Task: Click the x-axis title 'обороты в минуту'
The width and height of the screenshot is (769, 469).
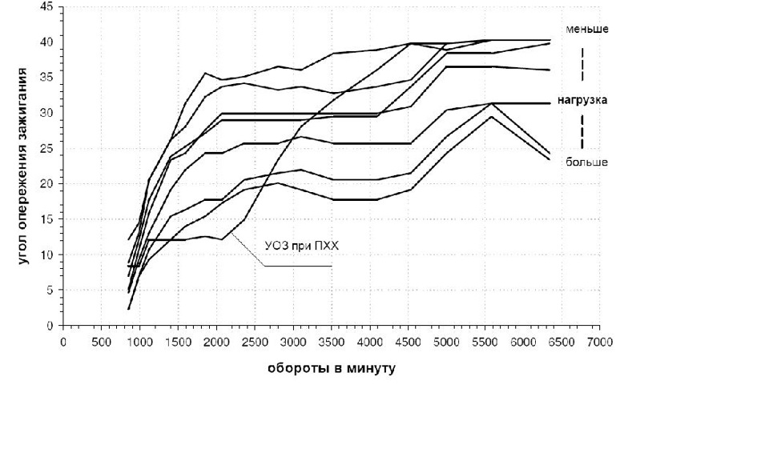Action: pos(332,370)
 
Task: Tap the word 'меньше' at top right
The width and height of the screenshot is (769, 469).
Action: pos(587,30)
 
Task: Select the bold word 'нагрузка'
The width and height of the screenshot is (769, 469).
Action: pos(582,101)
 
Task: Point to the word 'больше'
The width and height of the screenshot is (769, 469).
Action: pos(586,162)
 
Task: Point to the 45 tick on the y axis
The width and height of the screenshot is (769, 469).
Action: pos(48,6)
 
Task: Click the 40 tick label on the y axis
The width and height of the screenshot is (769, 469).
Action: pos(48,42)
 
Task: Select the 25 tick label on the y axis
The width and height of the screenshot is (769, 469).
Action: pos(48,148)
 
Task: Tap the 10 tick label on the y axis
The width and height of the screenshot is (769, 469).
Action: pos(48,255)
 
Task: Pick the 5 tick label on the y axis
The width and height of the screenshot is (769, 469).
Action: pos(50,291)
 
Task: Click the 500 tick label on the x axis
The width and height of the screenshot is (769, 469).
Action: pos(101,342)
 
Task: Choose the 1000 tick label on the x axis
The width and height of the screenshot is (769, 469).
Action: pos(139,342)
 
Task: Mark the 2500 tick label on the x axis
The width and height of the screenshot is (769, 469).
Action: pos(255,342)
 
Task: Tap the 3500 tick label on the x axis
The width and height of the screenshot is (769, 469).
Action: pos(332,342)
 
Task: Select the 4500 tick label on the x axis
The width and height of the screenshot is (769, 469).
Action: pos(409,342)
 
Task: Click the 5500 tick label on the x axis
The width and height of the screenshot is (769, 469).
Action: pos(485,342)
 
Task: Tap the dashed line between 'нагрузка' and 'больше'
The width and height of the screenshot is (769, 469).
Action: pos(582,130)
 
